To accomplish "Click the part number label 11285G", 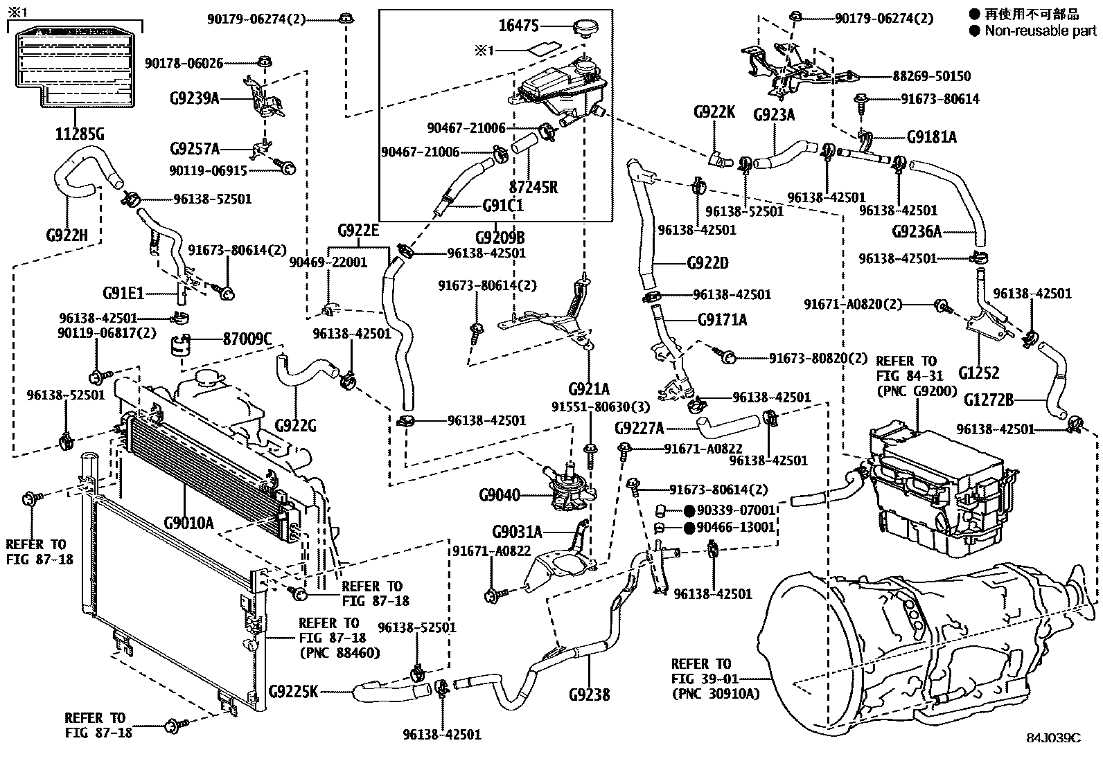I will click(x=80, y=134).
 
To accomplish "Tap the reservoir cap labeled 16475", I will click(x=585, y=29).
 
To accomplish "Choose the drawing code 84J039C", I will click(x=1054, y=738).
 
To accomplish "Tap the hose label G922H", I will click(x=67, y=235).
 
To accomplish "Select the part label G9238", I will click(x=589, y=695).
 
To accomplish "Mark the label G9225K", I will click(x=293, y=691).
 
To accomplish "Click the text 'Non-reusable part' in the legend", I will click(x=1041, y=30).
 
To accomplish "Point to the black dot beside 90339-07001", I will click(x=689, y=511).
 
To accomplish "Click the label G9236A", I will click(x=917, y=231).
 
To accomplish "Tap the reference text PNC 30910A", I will click(x=715, y=693).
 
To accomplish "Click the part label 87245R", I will click(x=533, y=188).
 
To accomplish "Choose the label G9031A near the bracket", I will click(x=517, y=532).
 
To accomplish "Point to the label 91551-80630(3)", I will click(x=591, y=406).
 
